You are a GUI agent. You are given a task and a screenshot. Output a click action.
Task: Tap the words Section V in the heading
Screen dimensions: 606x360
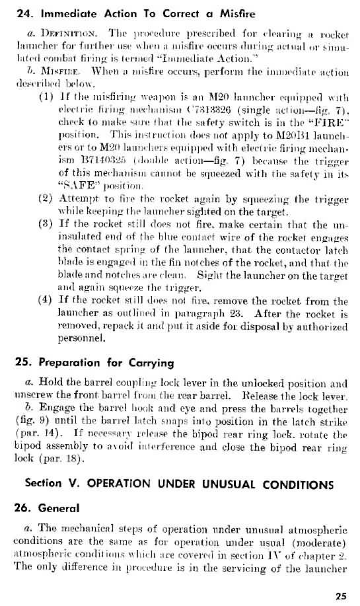[51, 482]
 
